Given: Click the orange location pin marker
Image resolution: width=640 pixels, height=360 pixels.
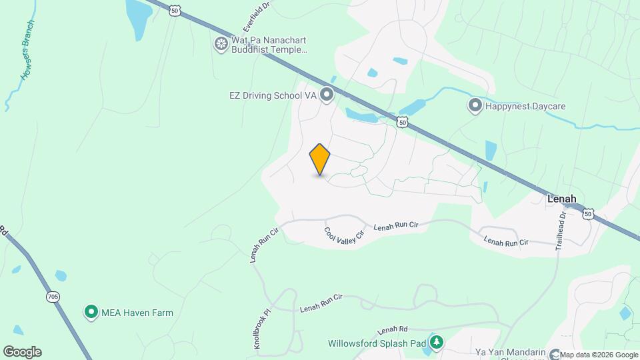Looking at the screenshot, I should [320, 159].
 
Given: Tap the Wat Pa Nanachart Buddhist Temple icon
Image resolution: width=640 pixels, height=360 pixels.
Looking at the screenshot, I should [221, 44].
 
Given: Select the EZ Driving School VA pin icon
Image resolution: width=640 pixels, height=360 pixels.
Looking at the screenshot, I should [327, 95].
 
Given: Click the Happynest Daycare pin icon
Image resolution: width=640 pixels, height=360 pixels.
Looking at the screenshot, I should [475, 105].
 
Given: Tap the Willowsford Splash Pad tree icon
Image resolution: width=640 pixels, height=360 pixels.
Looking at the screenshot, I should [436, 343].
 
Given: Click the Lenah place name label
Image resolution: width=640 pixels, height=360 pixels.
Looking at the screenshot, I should [561, 199].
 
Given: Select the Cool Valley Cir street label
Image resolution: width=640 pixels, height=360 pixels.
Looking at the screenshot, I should [345, 235].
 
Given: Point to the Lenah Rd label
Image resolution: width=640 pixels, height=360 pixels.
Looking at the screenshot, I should [391, 330].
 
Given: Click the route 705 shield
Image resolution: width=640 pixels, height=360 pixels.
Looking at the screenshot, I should [53, 296].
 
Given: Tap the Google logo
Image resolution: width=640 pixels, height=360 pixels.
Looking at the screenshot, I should [22, 352].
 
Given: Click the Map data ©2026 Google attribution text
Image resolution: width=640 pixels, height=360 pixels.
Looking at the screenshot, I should [599, 355].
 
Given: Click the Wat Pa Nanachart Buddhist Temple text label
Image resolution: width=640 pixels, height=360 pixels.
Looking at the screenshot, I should [269, 45].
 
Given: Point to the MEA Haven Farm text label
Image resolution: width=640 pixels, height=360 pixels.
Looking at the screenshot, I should [137, 312].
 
